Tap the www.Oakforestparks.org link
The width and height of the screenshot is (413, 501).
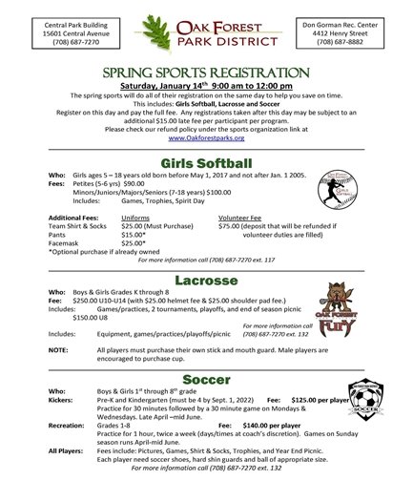[205, 137]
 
